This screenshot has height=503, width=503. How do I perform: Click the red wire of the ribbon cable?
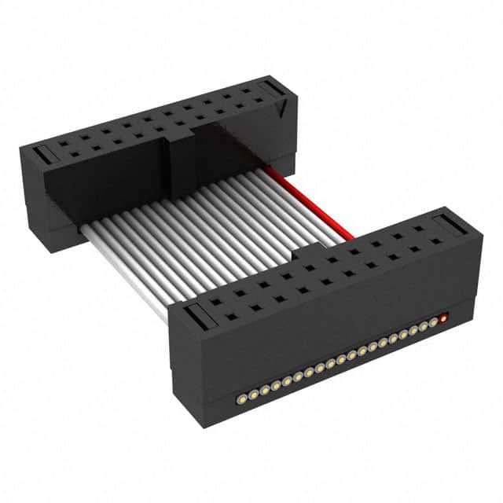click(x=310, y=201)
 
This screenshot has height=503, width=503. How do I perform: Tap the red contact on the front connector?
click(x=443, y=318)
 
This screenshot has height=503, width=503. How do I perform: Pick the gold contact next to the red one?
click(x=432, y=323)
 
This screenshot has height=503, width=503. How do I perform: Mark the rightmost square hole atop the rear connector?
click(x=253, y=90)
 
